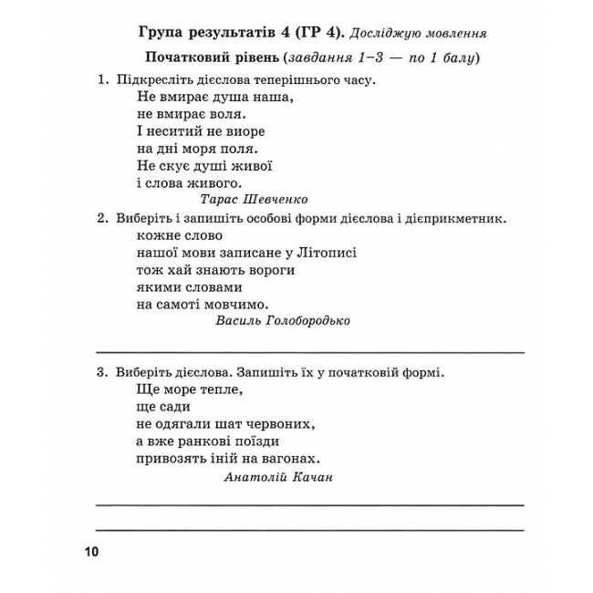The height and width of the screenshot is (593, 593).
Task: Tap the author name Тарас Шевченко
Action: (253, 199)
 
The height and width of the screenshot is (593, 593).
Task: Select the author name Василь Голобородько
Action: (283, 320)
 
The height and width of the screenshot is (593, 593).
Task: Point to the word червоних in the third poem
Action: (283, 424)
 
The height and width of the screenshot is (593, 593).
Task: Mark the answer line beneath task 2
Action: (310, 350)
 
